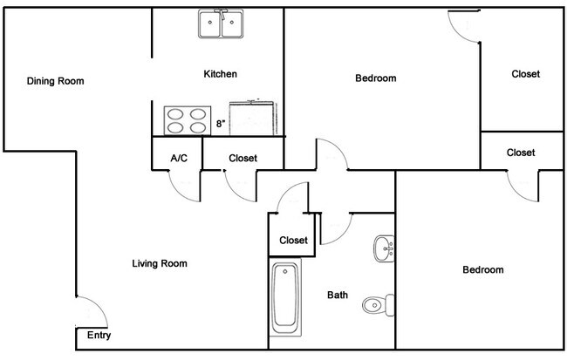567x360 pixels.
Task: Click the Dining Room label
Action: [x=55, y=81]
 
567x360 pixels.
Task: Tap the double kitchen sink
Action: [x=221, y=24]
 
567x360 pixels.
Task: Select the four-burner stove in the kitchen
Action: [x=188, y=120]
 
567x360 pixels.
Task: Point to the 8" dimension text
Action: [x=221, y=124]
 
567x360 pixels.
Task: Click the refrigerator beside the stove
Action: [x=253, y=119]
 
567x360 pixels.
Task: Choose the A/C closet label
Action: [x=179, y=158]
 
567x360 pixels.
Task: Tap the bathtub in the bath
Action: [x=285, y=297]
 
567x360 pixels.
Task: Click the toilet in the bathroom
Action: [x=379, y=305]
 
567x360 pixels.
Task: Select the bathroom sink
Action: [x=384, y=248]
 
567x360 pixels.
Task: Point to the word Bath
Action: [x=338, y=295]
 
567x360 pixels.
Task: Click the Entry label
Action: [x=99, y=335]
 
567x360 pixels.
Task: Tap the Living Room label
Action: [x=160, y=263]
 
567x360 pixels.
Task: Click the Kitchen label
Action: [x=220, y=74]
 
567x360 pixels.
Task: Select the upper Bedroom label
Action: [x=376, y=78]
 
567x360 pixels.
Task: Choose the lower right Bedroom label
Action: [x=483, y=269]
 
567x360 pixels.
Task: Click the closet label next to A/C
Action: [x=243, y=158]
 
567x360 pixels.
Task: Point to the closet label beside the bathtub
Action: [x=293, y=240]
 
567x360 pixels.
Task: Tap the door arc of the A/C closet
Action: [x=179, y=192]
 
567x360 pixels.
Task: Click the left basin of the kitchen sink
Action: [x=209, y=24]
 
